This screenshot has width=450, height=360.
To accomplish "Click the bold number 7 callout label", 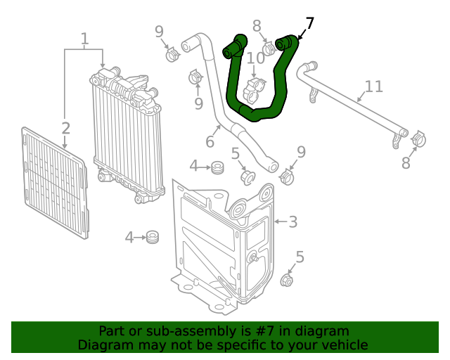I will pos(310,24).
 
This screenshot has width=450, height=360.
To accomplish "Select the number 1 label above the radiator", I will pos(84,39).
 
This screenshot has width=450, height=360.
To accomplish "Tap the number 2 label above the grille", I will pos(65,128).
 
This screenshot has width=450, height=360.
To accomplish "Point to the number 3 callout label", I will pos(292,222).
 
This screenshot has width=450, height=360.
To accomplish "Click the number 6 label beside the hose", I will pos(210,142).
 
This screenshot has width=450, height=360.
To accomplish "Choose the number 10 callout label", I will pos(255,58).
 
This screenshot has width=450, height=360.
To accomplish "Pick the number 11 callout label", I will pos(373,86).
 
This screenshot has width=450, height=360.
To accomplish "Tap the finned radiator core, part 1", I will pos(127,130).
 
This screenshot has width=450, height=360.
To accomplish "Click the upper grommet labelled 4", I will pos(217,167).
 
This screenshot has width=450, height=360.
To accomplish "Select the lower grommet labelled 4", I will pos(151,238).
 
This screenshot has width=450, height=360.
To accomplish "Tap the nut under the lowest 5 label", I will pos(286,281).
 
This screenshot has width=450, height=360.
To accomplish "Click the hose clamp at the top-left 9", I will pos(172,54).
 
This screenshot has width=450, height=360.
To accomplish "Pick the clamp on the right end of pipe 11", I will pos(417,139).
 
